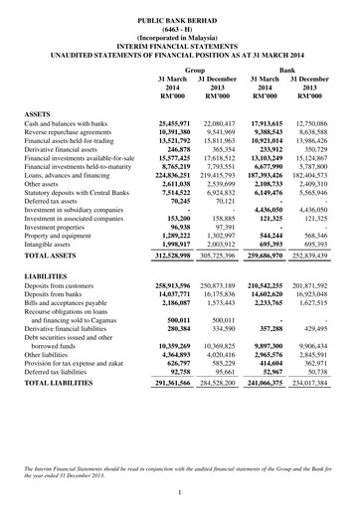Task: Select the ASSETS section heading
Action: coord(40,115)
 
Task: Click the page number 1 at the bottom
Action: coord(180,492)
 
